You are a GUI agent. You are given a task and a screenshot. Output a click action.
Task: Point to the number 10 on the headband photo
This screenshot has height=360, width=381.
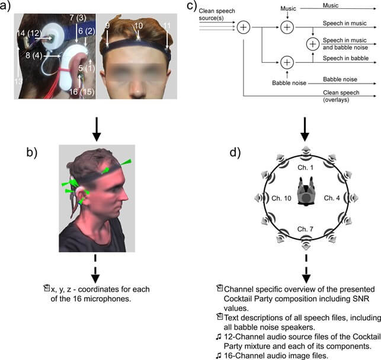pos(139,27)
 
